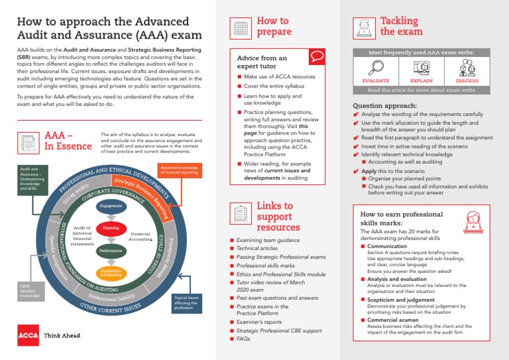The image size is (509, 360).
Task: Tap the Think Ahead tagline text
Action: [x=62, y=336]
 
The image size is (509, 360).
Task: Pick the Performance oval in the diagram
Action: [x=110, y=251]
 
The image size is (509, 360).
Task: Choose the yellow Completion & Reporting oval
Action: [x=111, y=272]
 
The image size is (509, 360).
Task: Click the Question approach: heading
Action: [x=384, y=105]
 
